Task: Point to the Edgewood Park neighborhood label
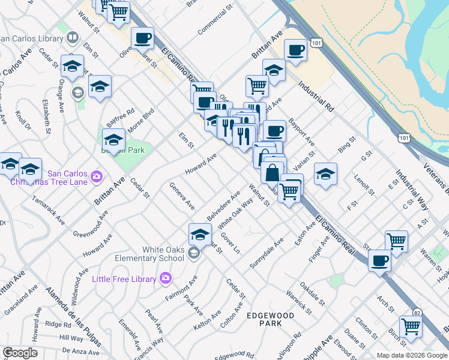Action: (270, 319)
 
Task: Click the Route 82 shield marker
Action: (417, 313)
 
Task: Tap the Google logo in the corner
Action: (20, 353)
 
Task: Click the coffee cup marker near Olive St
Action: (143, 39)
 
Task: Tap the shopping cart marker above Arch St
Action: (396, 241)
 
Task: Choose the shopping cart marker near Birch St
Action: (411, 327)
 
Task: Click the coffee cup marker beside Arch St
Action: (380, 261)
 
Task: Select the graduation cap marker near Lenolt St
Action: (325, 174)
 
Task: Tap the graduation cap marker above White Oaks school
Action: (200, 235)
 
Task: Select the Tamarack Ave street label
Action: (48, 209)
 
